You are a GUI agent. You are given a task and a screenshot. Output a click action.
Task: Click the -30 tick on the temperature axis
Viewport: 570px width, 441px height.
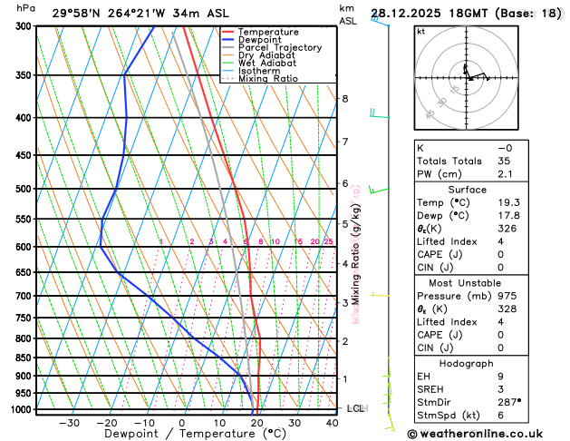[69, 423]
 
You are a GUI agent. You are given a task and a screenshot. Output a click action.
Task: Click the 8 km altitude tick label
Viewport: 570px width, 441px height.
[344, 99]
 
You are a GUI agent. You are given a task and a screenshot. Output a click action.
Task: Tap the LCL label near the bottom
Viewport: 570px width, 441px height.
[356, 409]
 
